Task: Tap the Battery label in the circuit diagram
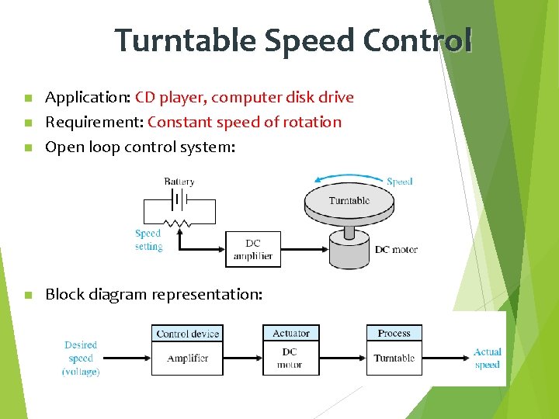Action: (x=179, y=181)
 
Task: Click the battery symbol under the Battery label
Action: (x=179, y=199)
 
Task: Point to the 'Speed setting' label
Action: (x=148, y=240)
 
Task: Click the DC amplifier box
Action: (x=253, y=249)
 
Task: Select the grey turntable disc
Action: (x=349, y=203)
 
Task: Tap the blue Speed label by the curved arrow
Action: (x=399, y=182)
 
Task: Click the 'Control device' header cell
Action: (x=187, y=334)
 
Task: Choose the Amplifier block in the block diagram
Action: (x=187, y=358)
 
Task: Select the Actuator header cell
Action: (x=291, y=334)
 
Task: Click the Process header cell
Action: (x=394, y=334)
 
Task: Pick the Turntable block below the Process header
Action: (x=394, y=358)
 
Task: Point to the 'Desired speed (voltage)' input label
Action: (x=81, y=358)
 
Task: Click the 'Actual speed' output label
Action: (x=488, y=358)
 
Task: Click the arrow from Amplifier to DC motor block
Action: (x=242, y=358)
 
